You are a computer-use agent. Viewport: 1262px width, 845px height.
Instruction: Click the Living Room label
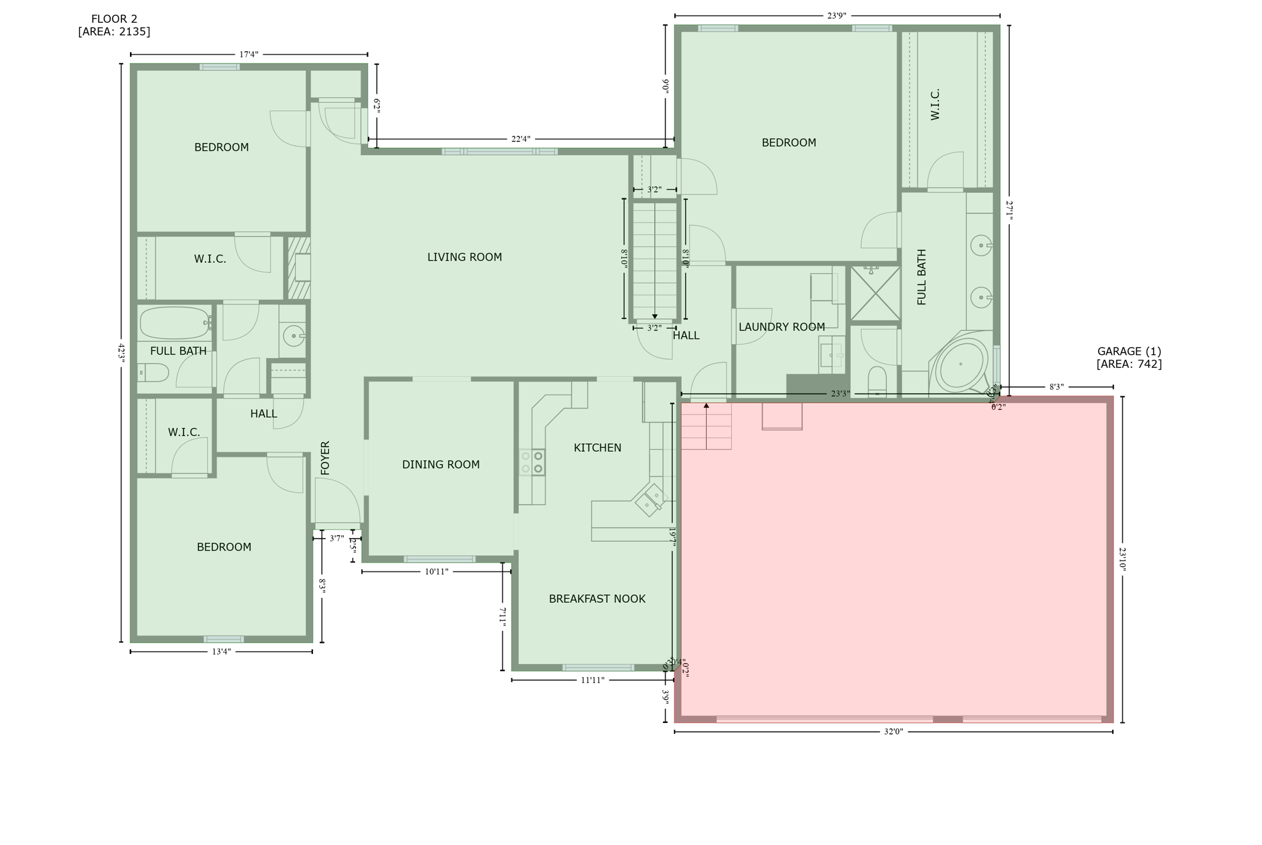tap(465, 257)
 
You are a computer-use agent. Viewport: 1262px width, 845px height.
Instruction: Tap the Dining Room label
tap(441, 465)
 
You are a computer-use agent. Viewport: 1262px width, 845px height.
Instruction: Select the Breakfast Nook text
tap(597, 599)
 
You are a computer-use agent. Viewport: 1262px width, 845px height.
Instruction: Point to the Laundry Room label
tap(781, 327)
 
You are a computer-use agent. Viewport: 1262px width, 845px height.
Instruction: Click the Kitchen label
tap(597, 448)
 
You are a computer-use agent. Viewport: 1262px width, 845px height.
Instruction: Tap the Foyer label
tap(325, 458)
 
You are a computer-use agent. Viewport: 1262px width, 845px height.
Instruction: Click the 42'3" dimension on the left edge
tap(121, 353)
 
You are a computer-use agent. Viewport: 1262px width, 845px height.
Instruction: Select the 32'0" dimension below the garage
tap(893, 732)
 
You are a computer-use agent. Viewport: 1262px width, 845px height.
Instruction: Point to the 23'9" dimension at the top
tap(836, 16)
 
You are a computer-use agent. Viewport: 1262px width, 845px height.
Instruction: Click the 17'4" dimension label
tap(248, 55)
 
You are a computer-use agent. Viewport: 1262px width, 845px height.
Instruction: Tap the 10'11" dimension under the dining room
tap(436, 572)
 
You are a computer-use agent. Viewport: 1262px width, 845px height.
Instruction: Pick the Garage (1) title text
tap(1129, 351)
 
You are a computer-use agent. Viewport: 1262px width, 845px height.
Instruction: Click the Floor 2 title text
tap(114, 19)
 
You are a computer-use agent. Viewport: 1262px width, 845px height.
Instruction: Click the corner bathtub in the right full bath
tap(960, 364)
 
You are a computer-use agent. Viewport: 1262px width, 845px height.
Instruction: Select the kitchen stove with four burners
tap(532, 462)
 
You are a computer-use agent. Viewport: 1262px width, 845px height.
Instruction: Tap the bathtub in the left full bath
tap(175, 322)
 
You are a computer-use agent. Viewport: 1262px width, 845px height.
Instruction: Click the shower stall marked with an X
tap(875, 294)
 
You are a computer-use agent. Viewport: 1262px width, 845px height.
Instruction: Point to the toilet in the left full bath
tap(154, 372)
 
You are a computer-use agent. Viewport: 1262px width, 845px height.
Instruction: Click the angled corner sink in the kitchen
tap(649, 500)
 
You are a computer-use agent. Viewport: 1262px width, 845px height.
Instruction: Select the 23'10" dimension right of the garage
tap(1122, 560)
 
